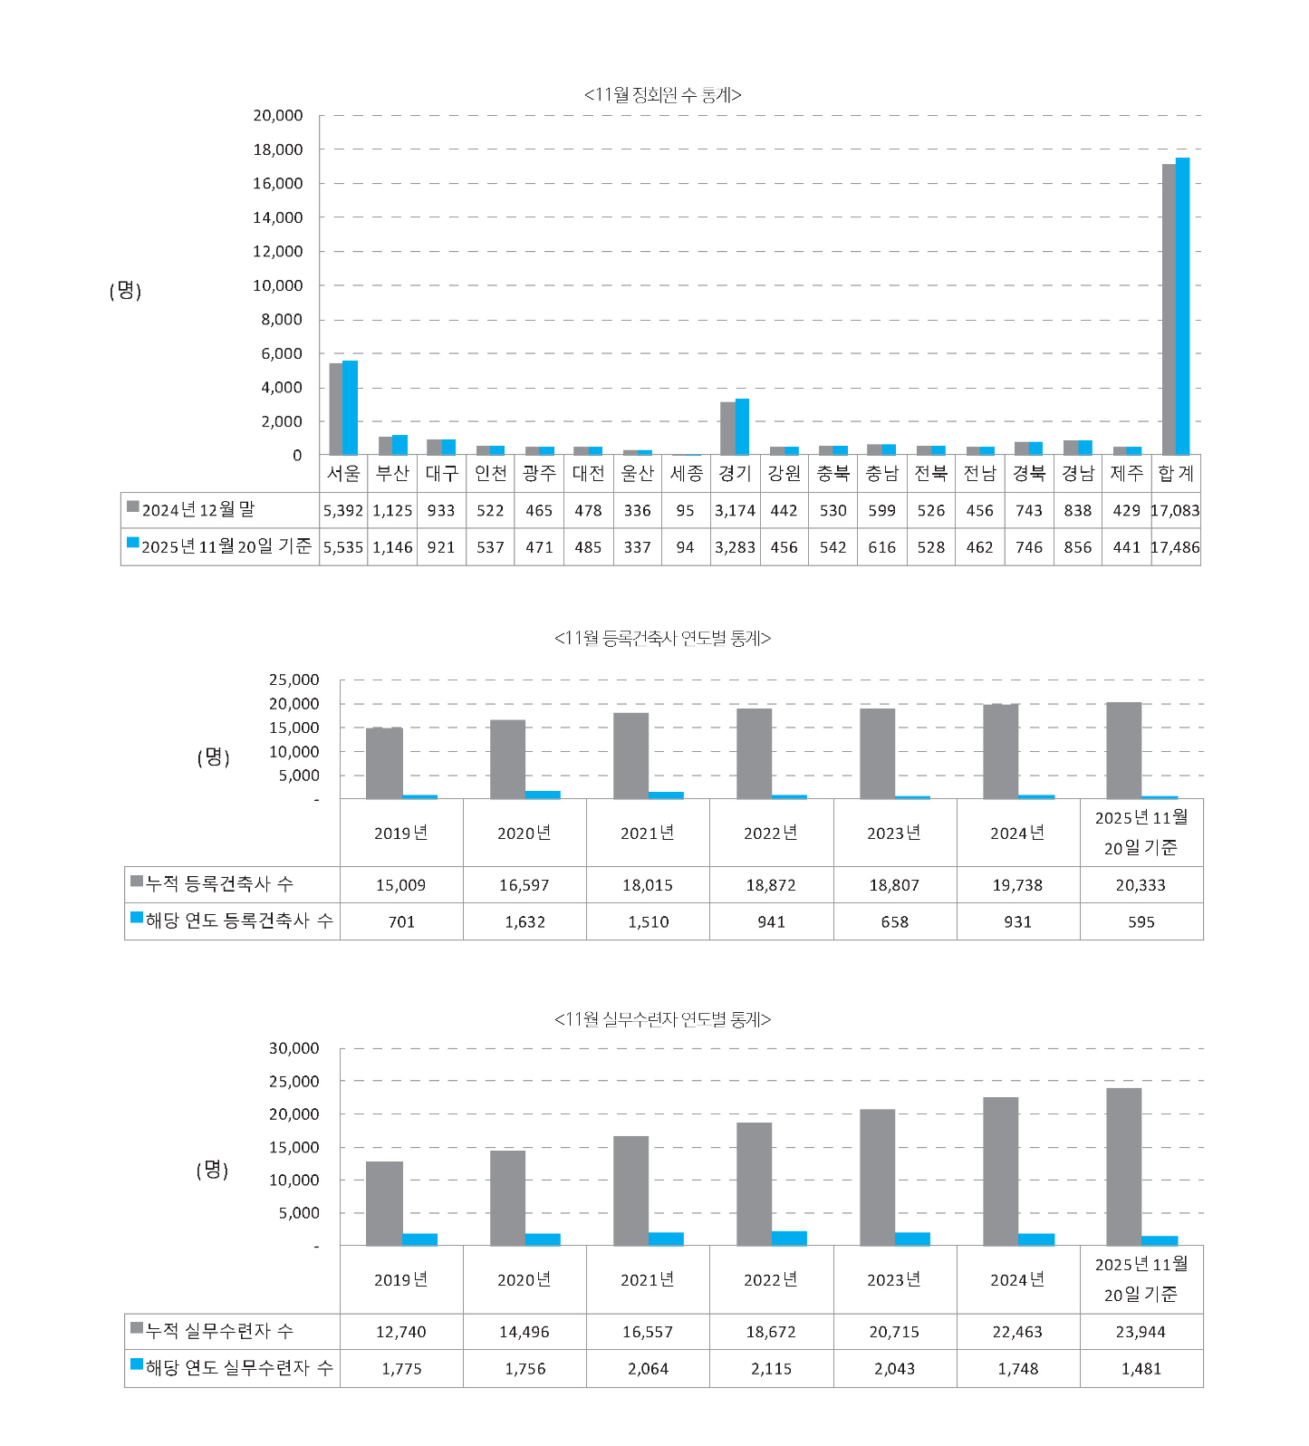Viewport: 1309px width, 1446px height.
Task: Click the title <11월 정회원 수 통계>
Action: pyautogui.click(x=662, y=95)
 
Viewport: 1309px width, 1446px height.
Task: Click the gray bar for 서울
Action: pyautogui.click(x=335, y=409)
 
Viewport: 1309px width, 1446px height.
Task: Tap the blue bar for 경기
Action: pyautogui.click(x=742, y=427)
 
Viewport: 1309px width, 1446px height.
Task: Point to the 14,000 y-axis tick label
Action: pyautogui.click(x=278, y=217)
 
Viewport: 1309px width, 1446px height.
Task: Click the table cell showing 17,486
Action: pyautogui.click(x=1175, y=547)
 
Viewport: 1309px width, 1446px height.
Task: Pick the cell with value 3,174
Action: pyautogui.click(x=735, y=510)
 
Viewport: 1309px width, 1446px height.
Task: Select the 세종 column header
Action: pyautogui.click(x=686, y=473)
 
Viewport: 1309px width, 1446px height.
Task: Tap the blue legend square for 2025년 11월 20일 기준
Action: pyautogui.click(x=132, y=544)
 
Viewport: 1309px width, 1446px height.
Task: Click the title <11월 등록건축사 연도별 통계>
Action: pyautogui.click(x=662, y=639)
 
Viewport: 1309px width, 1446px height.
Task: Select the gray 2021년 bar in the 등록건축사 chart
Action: pyautogui.click(x=630, y=756)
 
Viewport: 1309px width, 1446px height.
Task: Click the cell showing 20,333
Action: pyautogui.click(x=1141, y=885)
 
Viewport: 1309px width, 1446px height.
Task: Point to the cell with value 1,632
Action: pyautogui.click(x=525, y=921)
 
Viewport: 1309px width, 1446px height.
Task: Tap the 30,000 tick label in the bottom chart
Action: pyautogui.click(x=294, y=1048)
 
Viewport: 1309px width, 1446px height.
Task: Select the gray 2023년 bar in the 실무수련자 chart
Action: pyautogui.click(x=877, y=1177)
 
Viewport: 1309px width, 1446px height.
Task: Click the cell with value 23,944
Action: pyautogui.click(x=1141, y=1332)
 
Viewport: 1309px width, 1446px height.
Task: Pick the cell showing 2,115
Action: pyautogui.click(x=771, y=1368)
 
